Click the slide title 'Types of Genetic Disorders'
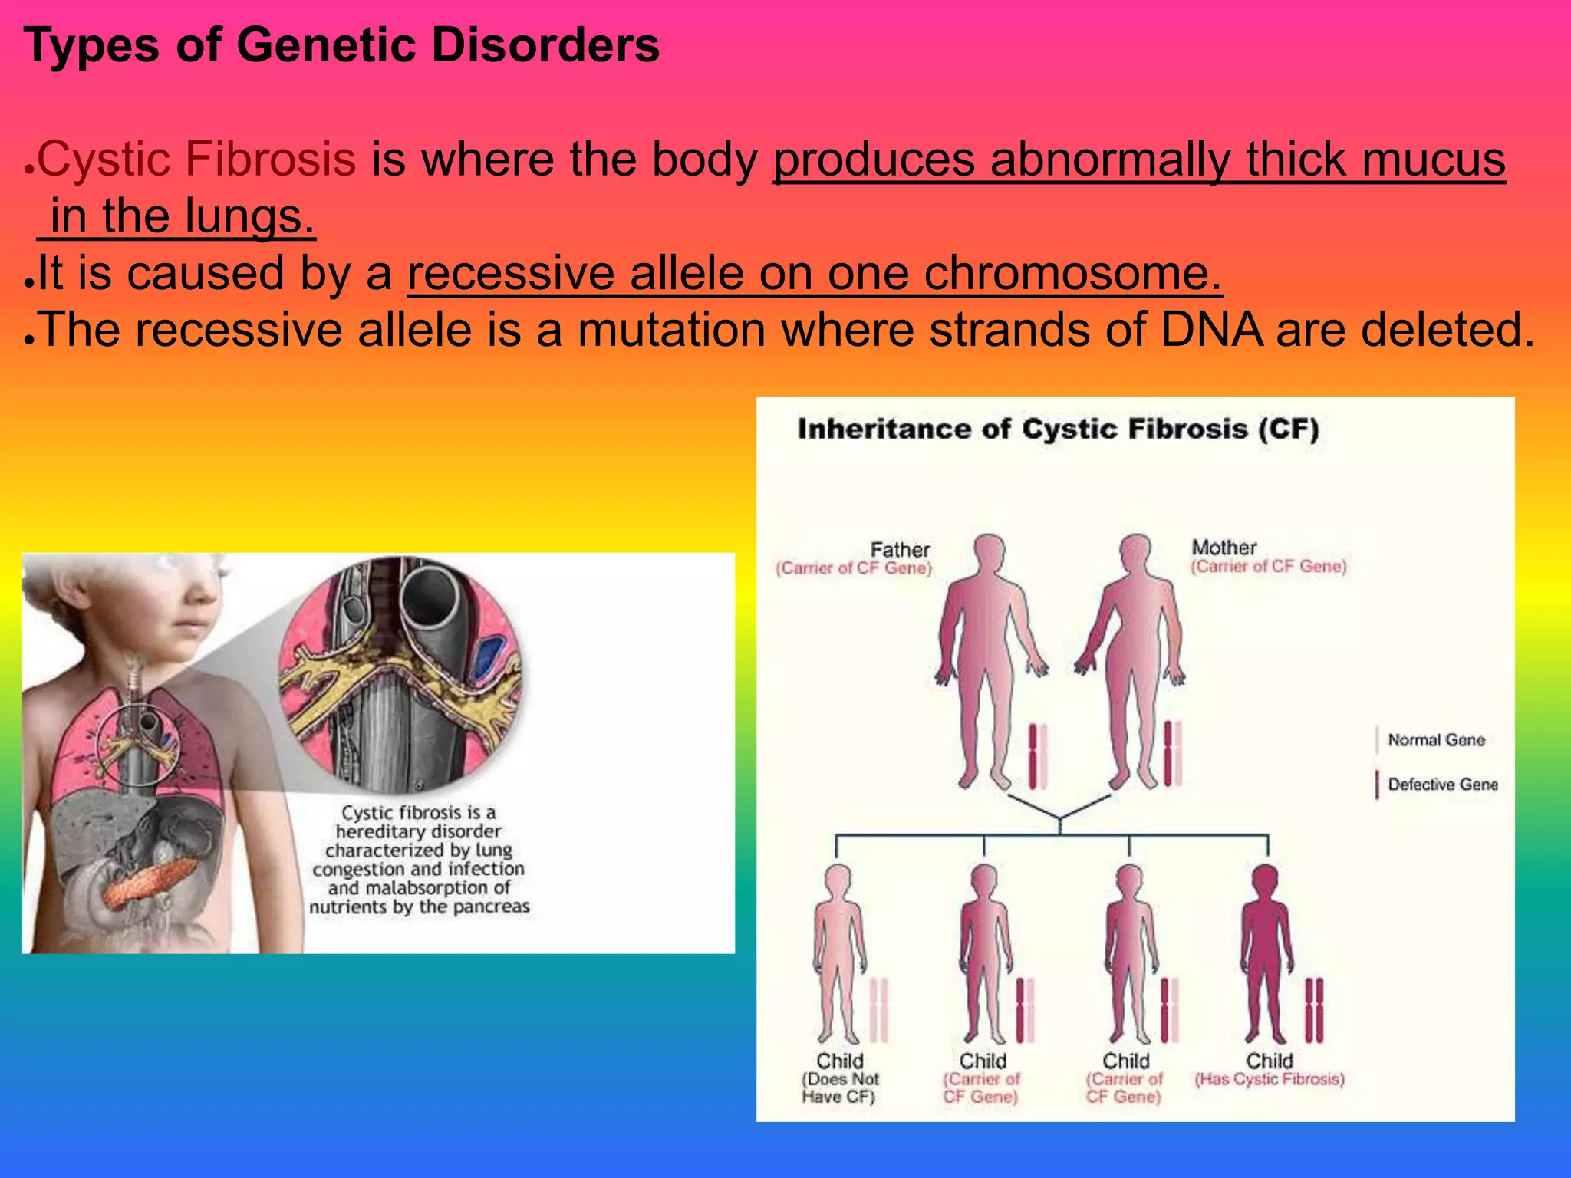(341, 44)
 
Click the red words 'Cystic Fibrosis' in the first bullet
(196, 160)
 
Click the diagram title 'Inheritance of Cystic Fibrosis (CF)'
(1058, 429)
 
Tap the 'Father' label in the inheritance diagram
(900, 550)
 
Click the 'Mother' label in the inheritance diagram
(1224, 548)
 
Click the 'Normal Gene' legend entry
(1436, 740)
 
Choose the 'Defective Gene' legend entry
(1442, 785)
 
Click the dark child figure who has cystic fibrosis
(1266, 951)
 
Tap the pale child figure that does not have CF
(839, 951)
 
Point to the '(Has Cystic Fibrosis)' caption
(1270, 1079)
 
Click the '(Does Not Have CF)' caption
(839, 1088)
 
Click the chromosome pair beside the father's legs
(1037, 756)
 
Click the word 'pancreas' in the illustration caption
(491, 907)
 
